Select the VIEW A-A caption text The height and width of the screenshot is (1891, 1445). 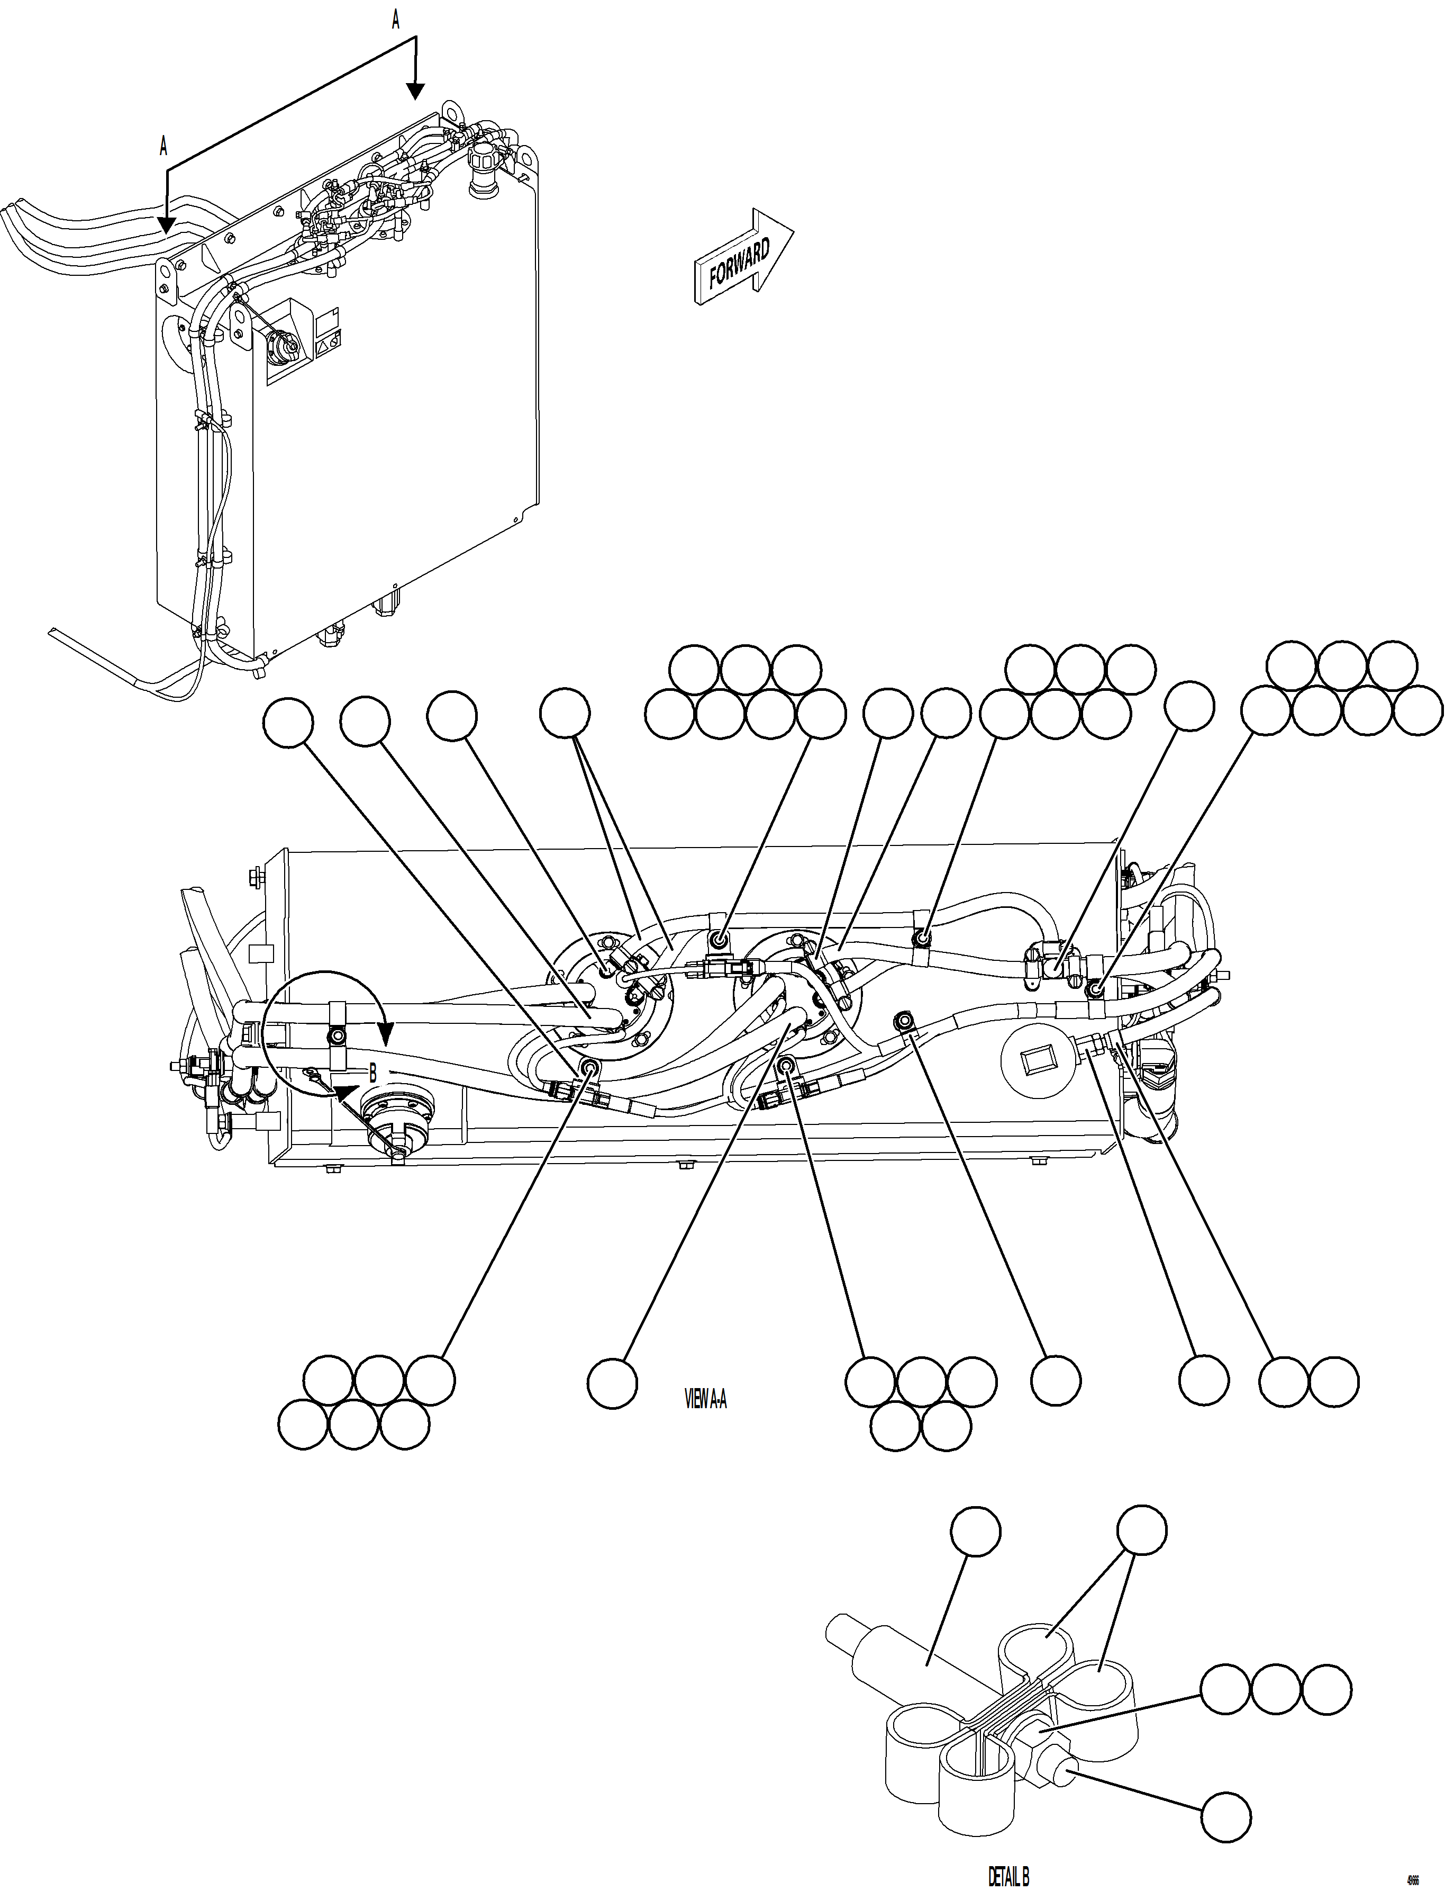pyautogui.click(x=705, y=1400)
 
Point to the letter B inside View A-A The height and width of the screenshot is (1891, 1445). pyautogui.click(x=372, y=1073)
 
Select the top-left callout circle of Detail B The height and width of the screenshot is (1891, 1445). pyautogui.click(x=975, y=1532)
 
